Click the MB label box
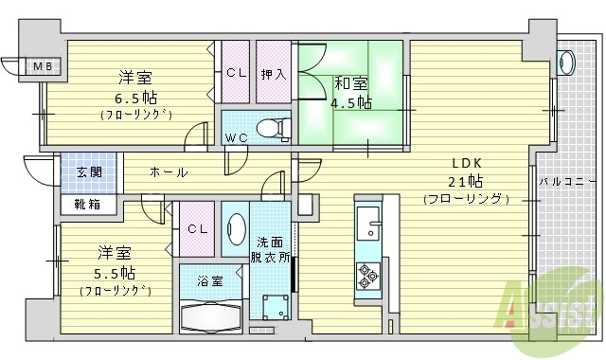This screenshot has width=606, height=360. [x=42, y=66]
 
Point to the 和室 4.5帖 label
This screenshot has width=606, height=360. [x=351, y=92]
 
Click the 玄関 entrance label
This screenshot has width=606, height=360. [x=89, y=171]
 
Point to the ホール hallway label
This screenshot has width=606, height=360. [x=169, y=172]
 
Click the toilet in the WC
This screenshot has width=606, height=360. [x=274, y=126]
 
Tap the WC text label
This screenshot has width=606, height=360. [x=236, y=138]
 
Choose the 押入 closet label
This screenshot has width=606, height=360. [x=273, y=73]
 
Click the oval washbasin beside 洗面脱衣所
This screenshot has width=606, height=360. [x=235, y=228]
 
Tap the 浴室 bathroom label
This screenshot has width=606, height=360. [x=210, y=281]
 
